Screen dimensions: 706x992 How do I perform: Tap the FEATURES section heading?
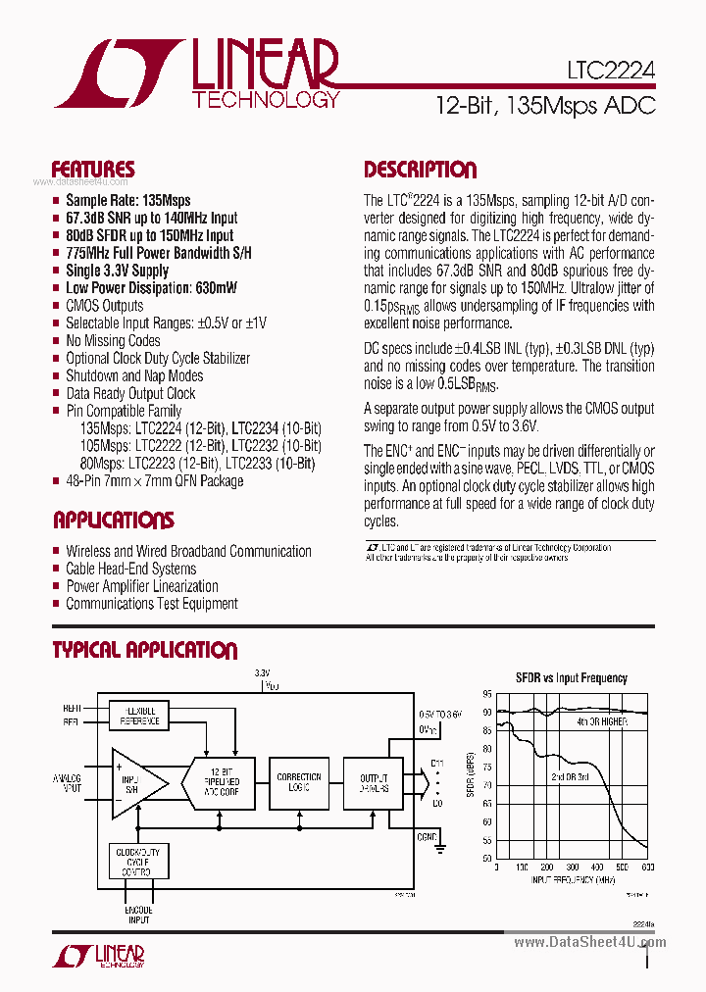[93, 170]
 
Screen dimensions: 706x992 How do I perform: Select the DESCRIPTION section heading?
[420, 170]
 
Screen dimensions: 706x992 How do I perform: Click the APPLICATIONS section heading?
[113, 521]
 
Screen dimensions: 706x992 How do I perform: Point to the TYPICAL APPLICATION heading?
[144, 650]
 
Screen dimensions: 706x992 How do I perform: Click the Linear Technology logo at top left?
[196, 74]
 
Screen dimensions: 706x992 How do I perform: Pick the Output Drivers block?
[374, 782]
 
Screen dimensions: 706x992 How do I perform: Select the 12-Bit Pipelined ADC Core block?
[222, 782]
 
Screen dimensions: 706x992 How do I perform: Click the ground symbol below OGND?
[440, 845]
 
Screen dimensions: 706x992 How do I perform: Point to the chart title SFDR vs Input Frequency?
[572, 677]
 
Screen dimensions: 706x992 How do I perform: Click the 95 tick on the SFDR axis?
[487, 693]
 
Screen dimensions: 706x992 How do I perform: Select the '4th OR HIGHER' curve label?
[601, 720]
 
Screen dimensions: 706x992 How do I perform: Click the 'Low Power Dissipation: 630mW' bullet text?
[151, 288]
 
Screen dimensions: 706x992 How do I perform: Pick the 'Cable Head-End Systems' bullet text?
[131, 569]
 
